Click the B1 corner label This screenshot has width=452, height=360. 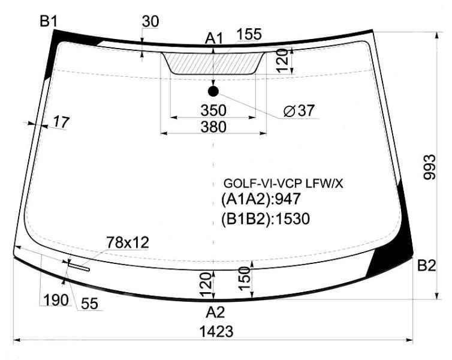click(x=49, y=22)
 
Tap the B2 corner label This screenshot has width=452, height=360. click(x=427, y=266)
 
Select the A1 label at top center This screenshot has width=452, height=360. click(x=214, y=38)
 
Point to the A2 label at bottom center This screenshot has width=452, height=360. click(x=215, y=313)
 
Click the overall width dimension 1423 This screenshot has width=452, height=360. click(x=216, y=331)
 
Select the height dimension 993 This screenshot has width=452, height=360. click(x=429, y=167)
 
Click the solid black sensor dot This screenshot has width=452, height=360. click(x=213, y=91)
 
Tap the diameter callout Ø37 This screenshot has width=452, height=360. click(x=299, y=110)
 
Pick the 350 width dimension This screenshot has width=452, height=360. click(x=213, y=110)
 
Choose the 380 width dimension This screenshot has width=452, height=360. click(x=213, y=127)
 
